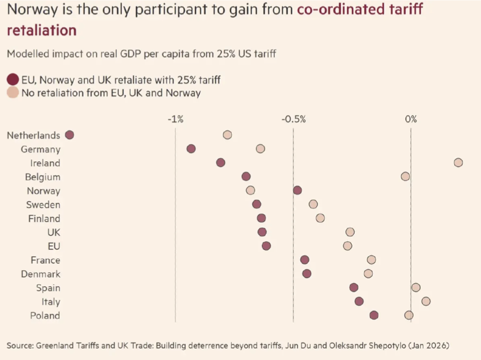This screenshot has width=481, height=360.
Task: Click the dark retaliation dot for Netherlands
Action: [70, 135]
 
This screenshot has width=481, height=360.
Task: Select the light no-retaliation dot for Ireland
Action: [458, 162]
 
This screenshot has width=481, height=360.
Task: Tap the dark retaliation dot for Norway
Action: [298, 190]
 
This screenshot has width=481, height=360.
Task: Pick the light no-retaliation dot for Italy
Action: [426, 301]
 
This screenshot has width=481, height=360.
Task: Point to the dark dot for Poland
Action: [374, 315]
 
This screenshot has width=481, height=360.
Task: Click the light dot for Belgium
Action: [405, 177]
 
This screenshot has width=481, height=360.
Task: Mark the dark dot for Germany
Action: [191, 149]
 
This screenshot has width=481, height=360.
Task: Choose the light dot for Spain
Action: [416, 287]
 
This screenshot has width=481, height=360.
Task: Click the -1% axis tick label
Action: [175, 119]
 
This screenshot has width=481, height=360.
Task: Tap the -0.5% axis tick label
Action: [293, 119]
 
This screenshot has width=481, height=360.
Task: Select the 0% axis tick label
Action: [411, 119]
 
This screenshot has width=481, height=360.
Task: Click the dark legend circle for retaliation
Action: [12, 79]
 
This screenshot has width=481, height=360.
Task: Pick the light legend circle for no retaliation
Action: [12, 93]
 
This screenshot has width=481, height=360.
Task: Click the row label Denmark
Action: [41, 274]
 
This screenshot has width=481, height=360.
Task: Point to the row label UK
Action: [54, 232]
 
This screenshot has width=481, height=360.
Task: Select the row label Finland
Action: [44, 218]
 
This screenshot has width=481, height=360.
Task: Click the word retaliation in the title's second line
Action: [42, 30]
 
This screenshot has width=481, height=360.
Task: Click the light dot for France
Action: [372, 260]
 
